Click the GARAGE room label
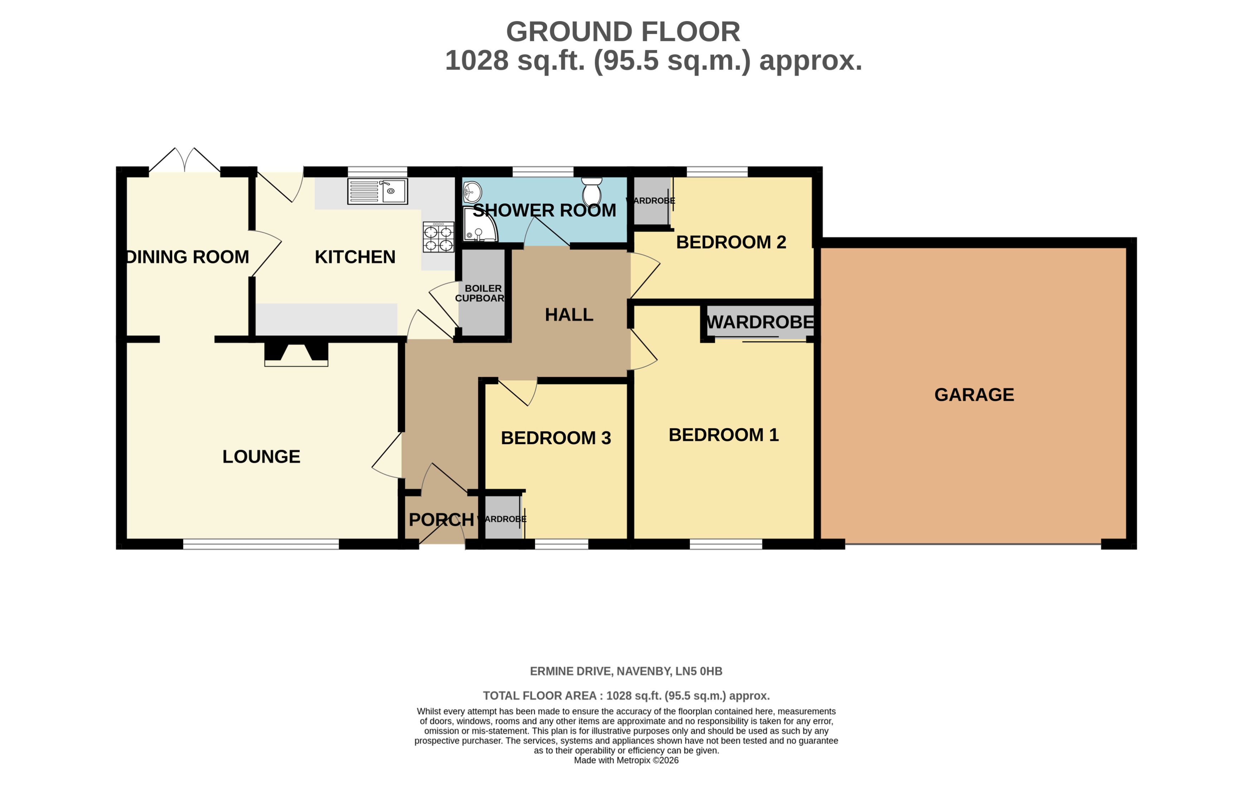(973, 395)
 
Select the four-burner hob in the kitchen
(438, 237)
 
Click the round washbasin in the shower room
(472, 192)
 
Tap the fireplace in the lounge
(296, 353)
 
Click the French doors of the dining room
(185, 160)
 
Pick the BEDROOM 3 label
(556, 437)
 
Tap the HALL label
(569, 315)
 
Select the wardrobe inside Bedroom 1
(760, 322)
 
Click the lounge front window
(261, 544)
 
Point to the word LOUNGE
(261, 456)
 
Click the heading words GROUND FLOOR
(623, 32)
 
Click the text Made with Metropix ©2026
(626, 760)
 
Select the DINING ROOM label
(187, 257)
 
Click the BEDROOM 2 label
(730, 242)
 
